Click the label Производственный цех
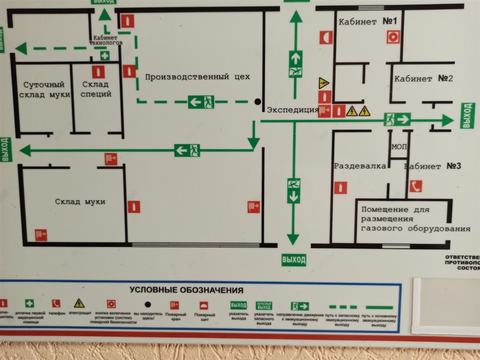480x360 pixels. [197, 77]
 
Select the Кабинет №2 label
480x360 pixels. [423, 79]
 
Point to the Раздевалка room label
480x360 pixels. [360, 166]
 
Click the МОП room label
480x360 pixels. [398, 147]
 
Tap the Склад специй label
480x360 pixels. [96, 89]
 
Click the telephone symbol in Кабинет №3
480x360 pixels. [416, 186]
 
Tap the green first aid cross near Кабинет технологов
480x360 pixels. [105, 56]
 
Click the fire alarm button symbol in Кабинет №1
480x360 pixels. [393, 37]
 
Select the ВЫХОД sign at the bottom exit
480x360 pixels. [293, 260]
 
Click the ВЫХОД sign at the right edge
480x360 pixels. [467, 116]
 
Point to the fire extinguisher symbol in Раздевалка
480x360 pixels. [341, 188]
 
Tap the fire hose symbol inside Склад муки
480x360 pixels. [41, 235]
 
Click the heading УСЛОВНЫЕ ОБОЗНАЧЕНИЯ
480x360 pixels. [186, 290]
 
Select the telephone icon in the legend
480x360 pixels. [56, 303]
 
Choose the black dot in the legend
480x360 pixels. [148, 304]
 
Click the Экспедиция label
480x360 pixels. [292, 110]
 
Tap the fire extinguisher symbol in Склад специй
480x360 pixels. [99, 72]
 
